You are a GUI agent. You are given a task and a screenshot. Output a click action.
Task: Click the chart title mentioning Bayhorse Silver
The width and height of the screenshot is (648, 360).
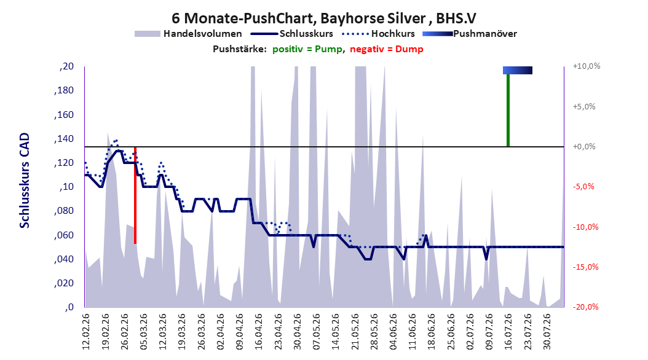tap(323, 18)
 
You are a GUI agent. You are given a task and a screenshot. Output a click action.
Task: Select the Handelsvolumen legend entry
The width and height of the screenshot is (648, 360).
tap(188, 34)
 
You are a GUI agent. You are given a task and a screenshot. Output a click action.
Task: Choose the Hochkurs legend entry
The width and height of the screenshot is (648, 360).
tap(378, 34)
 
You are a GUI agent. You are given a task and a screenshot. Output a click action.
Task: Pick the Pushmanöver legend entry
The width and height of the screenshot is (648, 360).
tap(470, 34)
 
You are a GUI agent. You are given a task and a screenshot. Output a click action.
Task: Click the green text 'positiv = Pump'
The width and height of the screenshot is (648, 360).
tap(307, 49)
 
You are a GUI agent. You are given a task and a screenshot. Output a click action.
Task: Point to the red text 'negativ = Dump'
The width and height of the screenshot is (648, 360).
tap(387, 49)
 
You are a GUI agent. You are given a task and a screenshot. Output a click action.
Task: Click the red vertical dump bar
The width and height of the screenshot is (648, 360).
tap(135, 195)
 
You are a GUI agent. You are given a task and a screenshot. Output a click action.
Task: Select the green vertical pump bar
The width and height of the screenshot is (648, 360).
tap(508, 110)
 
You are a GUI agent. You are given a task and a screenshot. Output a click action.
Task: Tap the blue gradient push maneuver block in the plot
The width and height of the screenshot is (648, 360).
tap(518, 70)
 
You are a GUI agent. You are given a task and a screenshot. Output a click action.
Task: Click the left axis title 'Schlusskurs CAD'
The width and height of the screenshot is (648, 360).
tap(25, 181)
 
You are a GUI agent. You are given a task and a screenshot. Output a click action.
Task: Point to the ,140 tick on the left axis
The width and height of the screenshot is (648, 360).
tap(64, 139)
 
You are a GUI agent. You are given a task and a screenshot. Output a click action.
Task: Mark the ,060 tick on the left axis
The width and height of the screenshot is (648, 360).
tap(64, 235)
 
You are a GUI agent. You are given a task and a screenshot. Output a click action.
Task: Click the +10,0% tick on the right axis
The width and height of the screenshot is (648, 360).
tap(587, 66)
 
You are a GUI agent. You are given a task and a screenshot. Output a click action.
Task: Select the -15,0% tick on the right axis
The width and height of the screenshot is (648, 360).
tap(585, 267)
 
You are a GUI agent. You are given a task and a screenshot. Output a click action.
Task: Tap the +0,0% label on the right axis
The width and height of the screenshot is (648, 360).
tap(584, 147)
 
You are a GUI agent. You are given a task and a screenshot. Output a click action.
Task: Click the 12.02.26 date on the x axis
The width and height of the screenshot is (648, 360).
tap(85, 332)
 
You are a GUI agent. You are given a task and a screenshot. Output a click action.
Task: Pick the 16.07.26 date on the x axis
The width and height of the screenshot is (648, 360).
tap(508, 332)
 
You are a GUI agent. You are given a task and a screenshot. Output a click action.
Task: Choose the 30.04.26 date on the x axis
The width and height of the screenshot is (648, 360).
tap(297, 332)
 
